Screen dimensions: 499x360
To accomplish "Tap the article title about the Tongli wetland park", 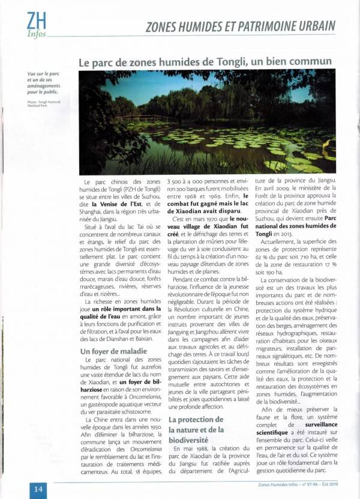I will pyautogui.click(x=205, y=61).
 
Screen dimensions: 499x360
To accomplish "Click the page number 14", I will pyautogui.click(x=37, y=488).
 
